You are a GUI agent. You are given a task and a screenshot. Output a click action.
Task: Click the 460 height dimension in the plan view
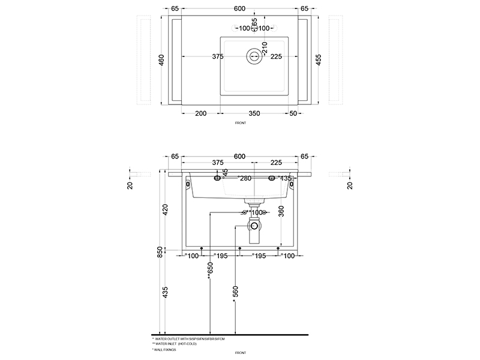[161, 61]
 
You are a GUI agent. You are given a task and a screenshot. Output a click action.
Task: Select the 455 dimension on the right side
[318, 61]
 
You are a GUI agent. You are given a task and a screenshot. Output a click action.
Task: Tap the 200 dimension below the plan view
[201, 113]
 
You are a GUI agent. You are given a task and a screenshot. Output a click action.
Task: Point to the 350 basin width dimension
[254, 113]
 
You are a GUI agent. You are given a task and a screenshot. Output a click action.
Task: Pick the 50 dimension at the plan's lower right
[293, 113]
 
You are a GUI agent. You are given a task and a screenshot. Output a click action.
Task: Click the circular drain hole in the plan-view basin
[253, 56]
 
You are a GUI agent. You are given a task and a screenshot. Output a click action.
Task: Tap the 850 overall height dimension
[160, 252]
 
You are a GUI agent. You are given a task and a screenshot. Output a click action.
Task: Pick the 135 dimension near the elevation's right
[286, 178]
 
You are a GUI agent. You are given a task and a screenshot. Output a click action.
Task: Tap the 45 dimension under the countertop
[226, 173]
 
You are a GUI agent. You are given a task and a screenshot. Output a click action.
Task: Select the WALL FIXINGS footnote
[166, 348]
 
